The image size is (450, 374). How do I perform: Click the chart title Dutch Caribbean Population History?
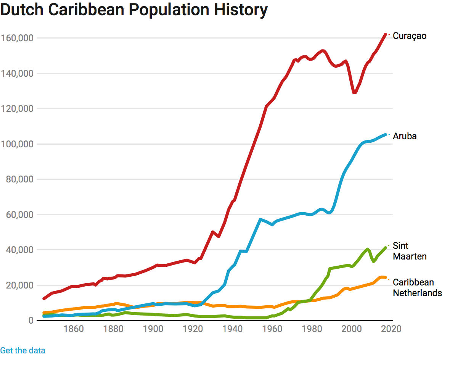pos(134,10)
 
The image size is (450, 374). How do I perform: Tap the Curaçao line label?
pos(410,36)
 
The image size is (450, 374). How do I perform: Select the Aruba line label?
pos(405,136)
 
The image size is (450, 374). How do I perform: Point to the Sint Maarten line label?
pos(410,251)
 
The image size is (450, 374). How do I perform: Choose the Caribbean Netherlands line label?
pos(417,287)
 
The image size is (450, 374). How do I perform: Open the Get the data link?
pos(22,350)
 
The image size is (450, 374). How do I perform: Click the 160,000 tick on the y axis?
pos(18,38)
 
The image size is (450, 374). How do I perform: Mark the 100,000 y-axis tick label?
pos(18,144)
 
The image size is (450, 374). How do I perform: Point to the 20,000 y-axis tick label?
pos(19,285)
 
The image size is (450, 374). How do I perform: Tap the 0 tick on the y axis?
pos(31,321)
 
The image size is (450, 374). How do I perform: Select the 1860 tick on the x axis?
pos(74,329)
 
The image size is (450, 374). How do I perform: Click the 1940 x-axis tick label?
pos(232,329)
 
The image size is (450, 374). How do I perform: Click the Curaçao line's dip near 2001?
pos(354,92)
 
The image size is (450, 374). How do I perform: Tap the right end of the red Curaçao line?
pos(386,34)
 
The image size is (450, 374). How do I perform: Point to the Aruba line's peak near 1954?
pos(260,219)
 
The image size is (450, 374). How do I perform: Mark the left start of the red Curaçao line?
pos(44,298)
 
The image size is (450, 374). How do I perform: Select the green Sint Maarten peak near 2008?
pos(368,249)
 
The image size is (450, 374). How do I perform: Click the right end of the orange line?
pos(386,277)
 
